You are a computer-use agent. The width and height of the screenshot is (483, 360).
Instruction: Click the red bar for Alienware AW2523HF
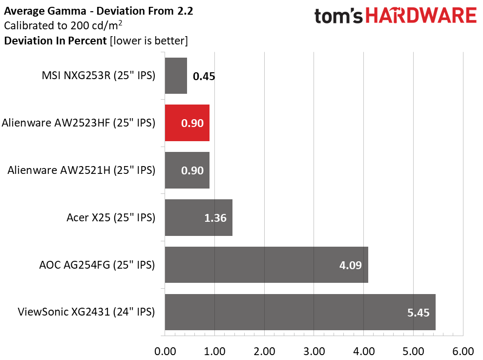click(187, 123)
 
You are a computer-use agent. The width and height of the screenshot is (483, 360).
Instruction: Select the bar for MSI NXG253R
click(176, 76)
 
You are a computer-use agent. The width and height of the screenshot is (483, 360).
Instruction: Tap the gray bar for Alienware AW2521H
click(187, 170)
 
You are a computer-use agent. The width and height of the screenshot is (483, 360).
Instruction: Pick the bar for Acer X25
click(198, 217)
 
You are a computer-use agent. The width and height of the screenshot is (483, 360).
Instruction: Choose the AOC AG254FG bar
click(267, 265)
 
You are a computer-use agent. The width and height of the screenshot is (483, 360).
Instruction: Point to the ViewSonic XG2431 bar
click(300, 312)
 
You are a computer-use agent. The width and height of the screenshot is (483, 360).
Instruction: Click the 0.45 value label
click(204, 76)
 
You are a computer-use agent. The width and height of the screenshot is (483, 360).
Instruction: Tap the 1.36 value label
click(215, 218)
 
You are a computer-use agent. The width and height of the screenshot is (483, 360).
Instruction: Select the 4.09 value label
click(350, 265)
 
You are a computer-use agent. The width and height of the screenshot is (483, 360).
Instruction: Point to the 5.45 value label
click(418, 313)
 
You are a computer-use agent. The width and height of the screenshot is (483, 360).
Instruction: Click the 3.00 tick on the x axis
click(314, 351)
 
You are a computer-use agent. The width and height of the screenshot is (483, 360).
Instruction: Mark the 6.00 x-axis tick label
click(463, 351)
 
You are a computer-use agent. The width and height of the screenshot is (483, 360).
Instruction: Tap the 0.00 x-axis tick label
click(165, 351)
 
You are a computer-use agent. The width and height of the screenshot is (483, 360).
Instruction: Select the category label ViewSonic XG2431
click(86, 312)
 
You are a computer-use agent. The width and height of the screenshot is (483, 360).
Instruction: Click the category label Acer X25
click(111, 217)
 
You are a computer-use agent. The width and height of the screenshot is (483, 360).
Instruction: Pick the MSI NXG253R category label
click(99, 76)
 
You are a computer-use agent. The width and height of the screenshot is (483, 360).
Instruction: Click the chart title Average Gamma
click(45, 11)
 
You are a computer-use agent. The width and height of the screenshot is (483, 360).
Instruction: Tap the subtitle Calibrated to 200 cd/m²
click(63, 25)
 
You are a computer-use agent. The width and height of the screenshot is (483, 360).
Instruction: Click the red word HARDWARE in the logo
click(421, 16)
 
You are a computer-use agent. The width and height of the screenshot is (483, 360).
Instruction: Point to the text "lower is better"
click(149, 41)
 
